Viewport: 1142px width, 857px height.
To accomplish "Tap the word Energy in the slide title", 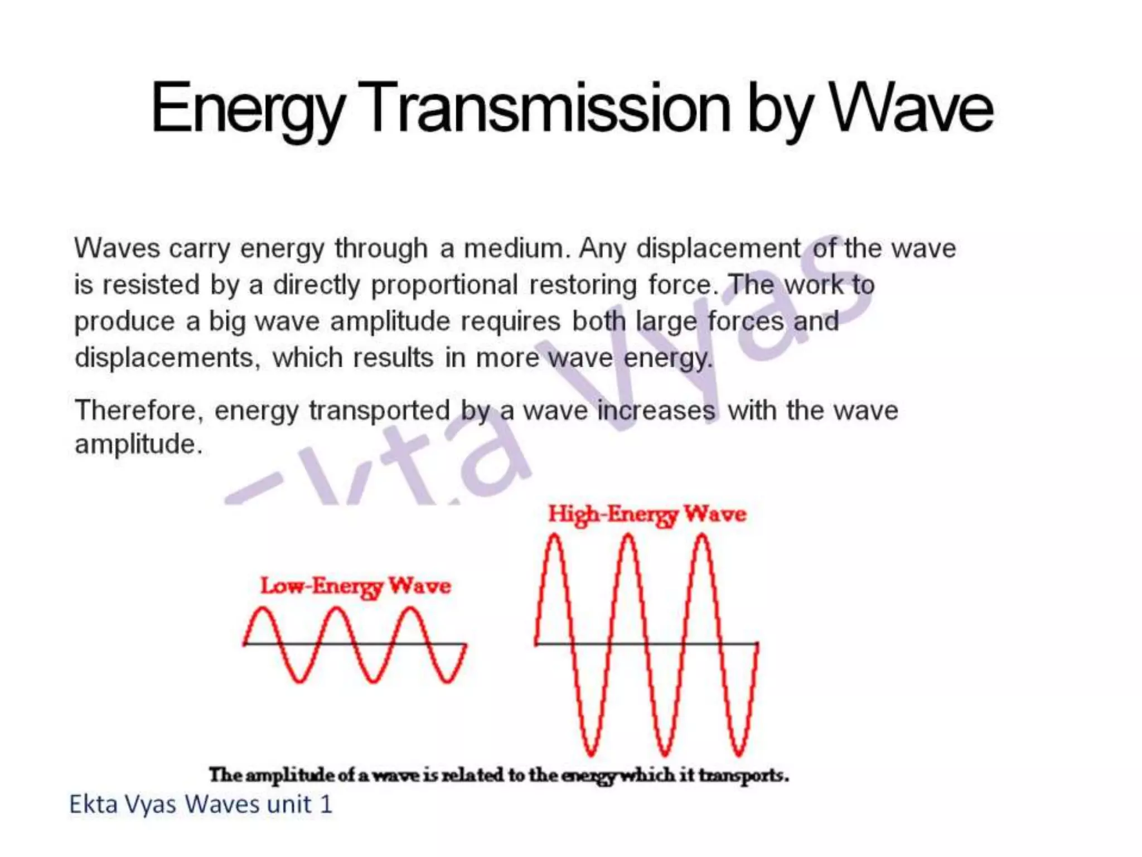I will pyautogui.click(x=248, y=109).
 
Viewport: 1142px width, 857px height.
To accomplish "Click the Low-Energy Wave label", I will pyautogui.click(x=356, y=586).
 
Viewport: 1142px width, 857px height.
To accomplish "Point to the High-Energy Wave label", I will pyautogui.click(x=647, y=514).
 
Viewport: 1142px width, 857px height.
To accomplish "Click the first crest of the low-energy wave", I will pyautogui.click(x=262, y=609).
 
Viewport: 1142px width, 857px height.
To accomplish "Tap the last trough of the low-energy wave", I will pyautogui.click(x=447, y=681).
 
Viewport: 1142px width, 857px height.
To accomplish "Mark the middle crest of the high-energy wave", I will pyautogui.click(x=628, y=537).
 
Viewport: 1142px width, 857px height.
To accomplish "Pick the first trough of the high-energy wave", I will pyautogui.click(x=591, y=754).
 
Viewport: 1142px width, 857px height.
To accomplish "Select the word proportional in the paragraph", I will pyautogui.click(x=444, y=286).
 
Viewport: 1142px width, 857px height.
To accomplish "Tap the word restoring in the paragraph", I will pyautogui.click(x=583, y=285).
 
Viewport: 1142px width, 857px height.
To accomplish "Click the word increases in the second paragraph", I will pyautogui.click(x=656, y=411).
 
